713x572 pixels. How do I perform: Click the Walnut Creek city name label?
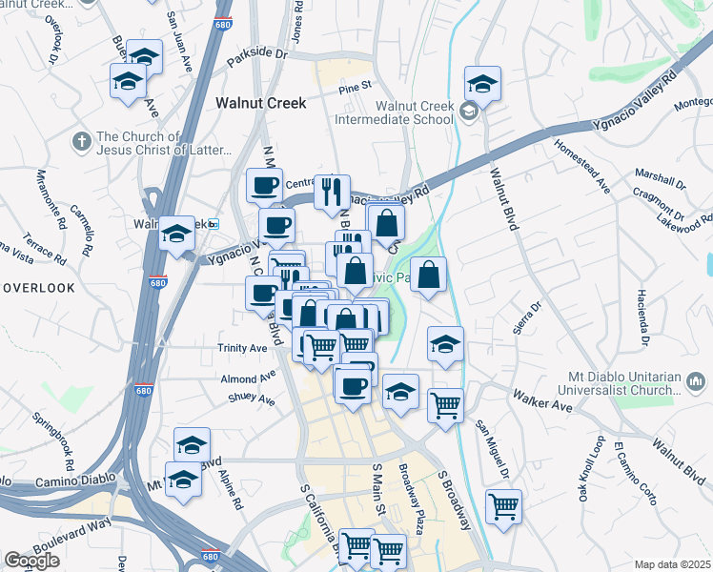(x=260, y=103)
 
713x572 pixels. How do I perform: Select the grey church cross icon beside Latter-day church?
(x=81, y=141)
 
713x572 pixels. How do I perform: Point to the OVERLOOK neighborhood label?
(x=37, y=287)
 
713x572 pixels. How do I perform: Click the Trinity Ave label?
(x=242, y=348)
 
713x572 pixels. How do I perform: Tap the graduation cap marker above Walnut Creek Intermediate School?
(x=482, y=84)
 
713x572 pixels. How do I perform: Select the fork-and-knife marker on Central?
(x=332, y=192)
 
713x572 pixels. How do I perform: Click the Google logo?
(x=32, y=560)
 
